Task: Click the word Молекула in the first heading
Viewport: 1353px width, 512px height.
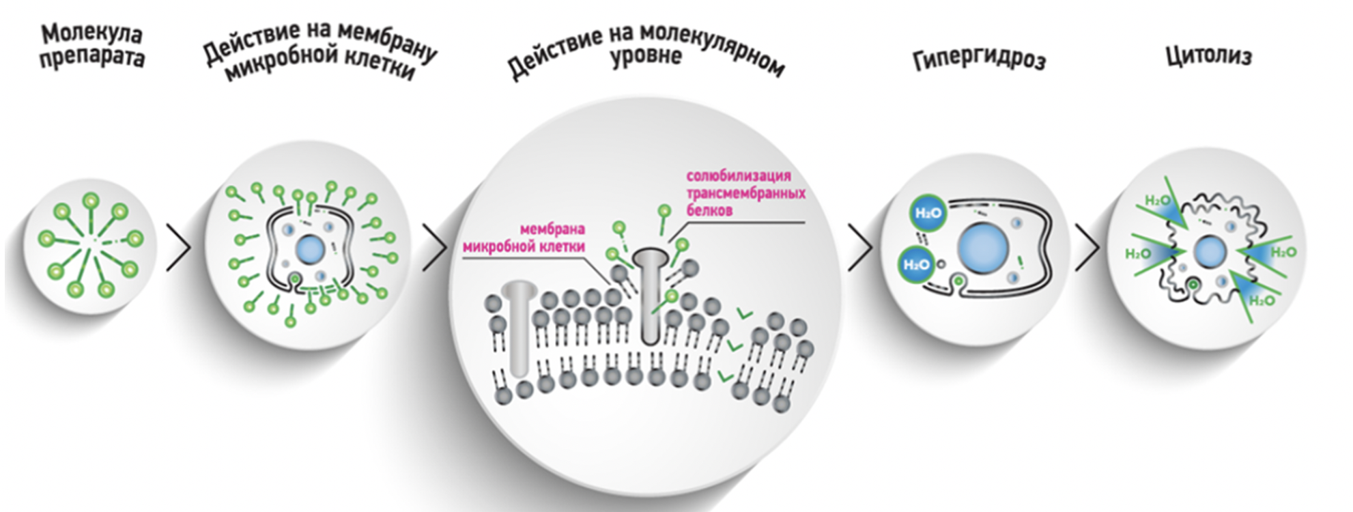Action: pos(91,33)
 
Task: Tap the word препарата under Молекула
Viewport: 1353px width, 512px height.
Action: pos(91,57)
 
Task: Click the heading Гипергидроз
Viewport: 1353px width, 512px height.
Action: pos(979,60)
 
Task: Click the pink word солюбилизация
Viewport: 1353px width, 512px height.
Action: pos(738,176)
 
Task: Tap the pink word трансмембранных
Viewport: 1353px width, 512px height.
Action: pos(745,193)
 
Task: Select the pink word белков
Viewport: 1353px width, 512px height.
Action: pos(709,210)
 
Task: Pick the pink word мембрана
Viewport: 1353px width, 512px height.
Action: pos(552,229)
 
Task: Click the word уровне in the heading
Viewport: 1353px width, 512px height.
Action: pos(645,56)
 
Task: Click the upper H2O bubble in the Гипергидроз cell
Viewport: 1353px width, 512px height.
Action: pos(928,213)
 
